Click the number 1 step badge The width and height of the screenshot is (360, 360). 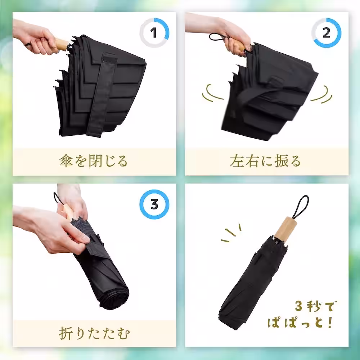tap(154, 33)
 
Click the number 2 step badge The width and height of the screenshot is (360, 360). tap(326, 33)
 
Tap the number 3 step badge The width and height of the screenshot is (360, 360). tap(154, 204)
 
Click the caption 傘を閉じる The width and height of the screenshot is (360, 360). tap(93, 161)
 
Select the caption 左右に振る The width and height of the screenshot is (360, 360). tap(265, 161)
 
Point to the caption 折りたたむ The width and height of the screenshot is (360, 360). tap(94, 333)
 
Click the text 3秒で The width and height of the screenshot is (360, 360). tap(315, 306)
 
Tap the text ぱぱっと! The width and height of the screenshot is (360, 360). tap(300, 321)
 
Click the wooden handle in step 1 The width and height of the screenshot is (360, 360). tap(61, 45)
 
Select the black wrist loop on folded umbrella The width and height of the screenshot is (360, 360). tap(301, 207)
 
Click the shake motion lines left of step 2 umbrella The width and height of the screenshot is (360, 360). tap(213, 93)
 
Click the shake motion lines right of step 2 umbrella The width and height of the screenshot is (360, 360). tap(321, 94)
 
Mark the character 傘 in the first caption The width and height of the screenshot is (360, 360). tap(66, 161)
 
